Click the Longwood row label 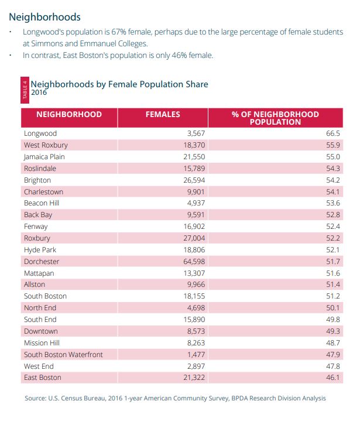40,133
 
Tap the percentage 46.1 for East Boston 332,378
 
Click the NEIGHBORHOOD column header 69,115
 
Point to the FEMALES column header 163,115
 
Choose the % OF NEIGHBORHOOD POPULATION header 275,118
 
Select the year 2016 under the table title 39,92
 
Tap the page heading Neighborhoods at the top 44,17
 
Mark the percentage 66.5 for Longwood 332,133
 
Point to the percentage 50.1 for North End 332,308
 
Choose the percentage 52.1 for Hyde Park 332,249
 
